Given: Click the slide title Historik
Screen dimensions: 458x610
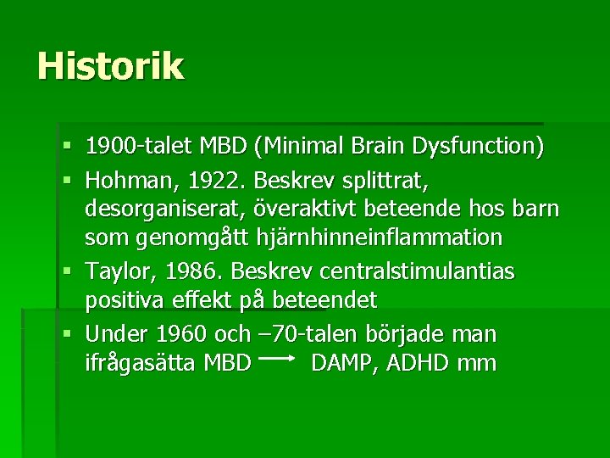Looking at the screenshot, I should [x=110, y=66].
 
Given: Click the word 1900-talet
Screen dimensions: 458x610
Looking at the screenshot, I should [x=139, y=147].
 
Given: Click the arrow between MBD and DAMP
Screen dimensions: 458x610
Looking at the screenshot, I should [x=274, y=360].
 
